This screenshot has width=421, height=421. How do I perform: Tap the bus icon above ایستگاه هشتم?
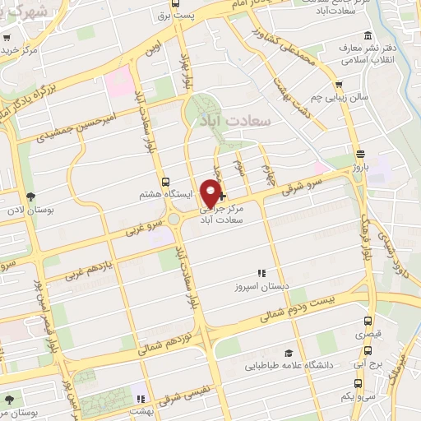[167, 182]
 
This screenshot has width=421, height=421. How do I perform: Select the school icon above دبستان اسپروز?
[261, 273]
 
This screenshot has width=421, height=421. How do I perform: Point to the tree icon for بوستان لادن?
[30, 197]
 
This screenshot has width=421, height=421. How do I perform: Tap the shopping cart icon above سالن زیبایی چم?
[339, 86]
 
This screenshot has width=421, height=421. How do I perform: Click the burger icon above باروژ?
[360, 153]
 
